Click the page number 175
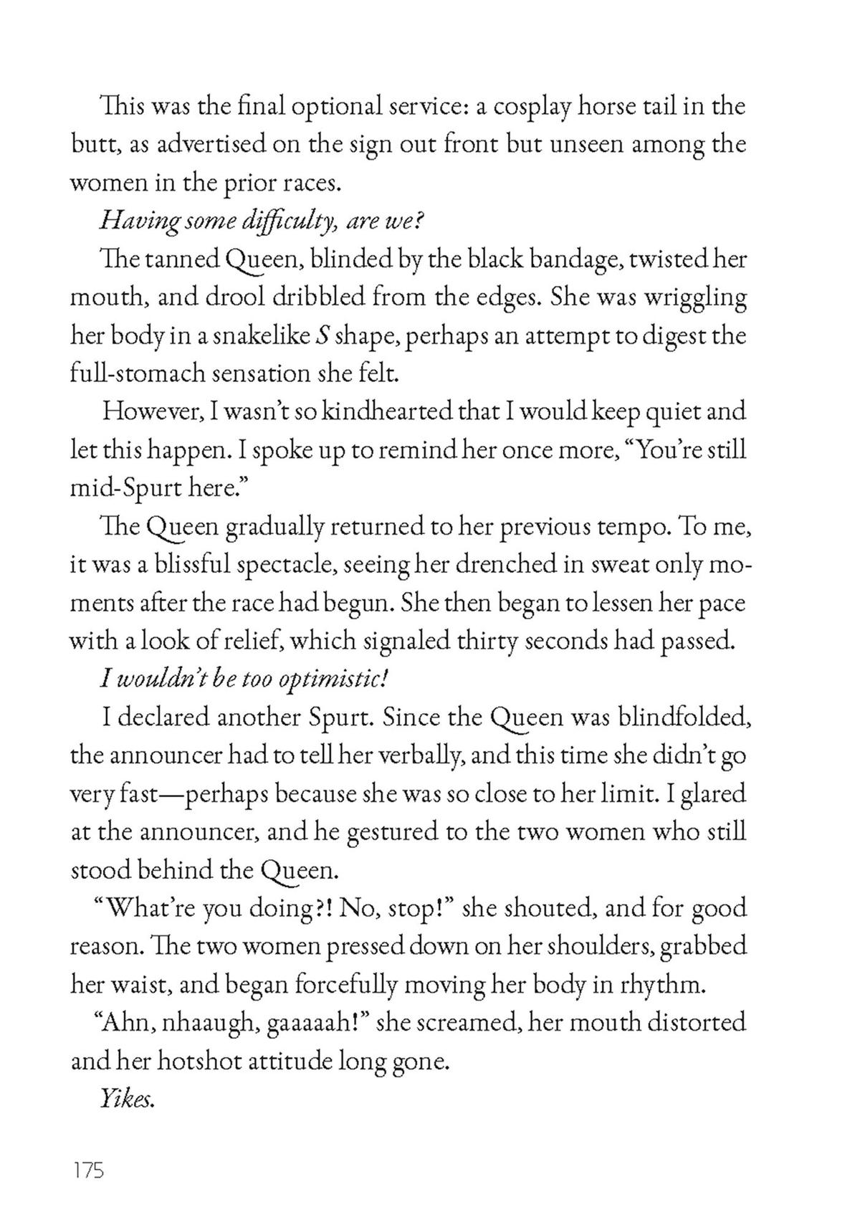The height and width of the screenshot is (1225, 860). [x=87, y=1171]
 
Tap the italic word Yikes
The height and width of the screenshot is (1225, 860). [x=127, y=1099]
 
